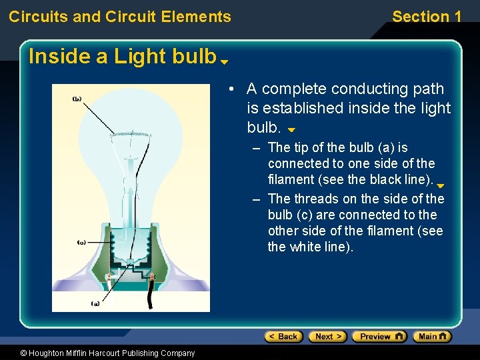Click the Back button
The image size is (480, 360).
[283, 337]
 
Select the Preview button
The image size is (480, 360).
[379, 337]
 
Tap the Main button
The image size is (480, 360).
[431, 337]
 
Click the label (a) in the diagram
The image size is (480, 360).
[95, 303]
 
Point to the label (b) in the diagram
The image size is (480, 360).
[77, 99]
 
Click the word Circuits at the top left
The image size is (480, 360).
[38, 17]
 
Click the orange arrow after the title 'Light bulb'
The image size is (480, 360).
[225, 61]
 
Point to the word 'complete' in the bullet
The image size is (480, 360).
[293, 89]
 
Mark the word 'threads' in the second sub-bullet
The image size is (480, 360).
[316, 199]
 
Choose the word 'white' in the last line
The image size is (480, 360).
[304, 247]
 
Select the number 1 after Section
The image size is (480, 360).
[457, 17]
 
